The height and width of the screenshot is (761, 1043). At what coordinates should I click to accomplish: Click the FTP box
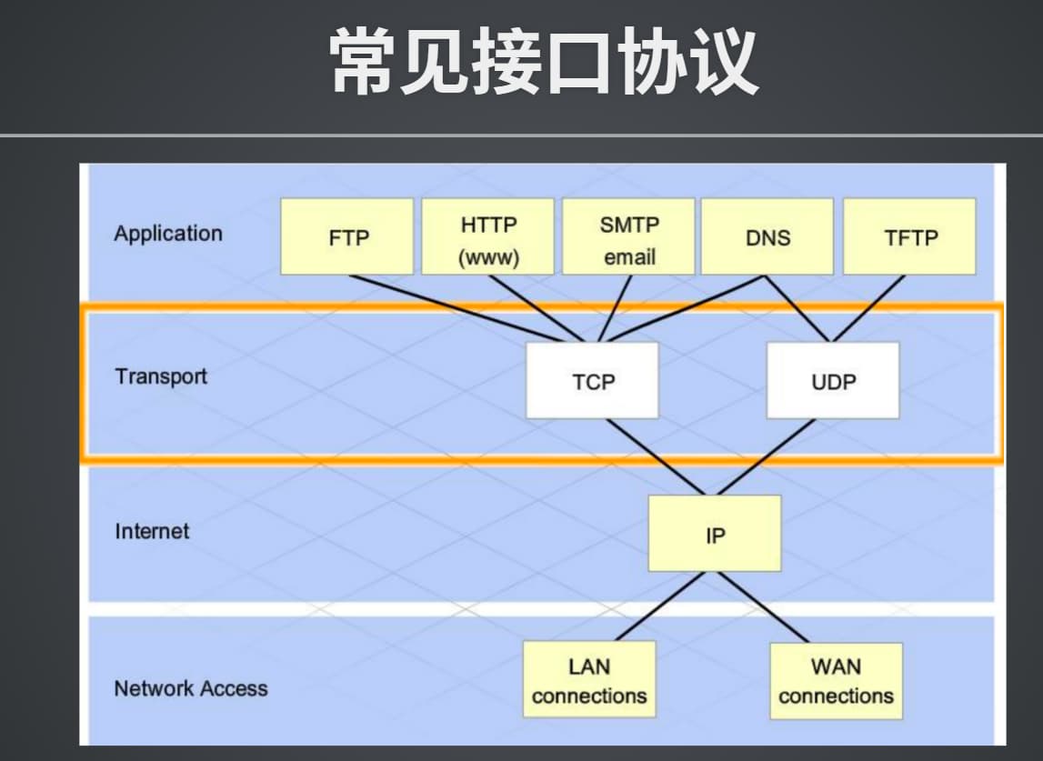coord(346,236)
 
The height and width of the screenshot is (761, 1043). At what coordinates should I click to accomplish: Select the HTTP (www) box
coord(487,236)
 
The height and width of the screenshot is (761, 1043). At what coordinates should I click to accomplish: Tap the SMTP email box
coord(628,236)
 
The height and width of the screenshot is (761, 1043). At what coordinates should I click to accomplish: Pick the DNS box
coord(767,236)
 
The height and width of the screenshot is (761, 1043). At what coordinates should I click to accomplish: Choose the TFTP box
coord(910,236)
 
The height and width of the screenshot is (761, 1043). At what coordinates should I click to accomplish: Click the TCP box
coord(593,380)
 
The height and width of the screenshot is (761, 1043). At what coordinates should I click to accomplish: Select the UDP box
coord(833,380)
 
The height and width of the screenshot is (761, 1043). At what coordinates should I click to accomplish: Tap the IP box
coord(715,534)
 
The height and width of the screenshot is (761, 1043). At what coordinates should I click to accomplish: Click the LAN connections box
coord(589,679)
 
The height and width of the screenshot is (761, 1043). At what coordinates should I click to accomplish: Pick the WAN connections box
coord(837,680)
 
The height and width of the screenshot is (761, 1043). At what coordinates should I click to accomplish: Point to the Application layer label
coord(168,235)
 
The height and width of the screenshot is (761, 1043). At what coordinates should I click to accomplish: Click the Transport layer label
coord(161,375)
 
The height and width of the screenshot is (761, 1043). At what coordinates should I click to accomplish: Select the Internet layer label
coord(153,531)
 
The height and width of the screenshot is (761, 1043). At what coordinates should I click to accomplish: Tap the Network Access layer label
coord(191,688)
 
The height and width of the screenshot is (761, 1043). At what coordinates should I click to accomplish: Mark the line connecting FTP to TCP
coord(456,308)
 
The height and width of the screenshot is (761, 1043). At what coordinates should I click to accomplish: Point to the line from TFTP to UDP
coord(868,308)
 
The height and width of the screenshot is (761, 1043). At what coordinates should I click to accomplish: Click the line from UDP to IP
coord(767,457)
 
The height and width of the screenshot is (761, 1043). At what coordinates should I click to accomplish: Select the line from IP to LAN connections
coord(660,606)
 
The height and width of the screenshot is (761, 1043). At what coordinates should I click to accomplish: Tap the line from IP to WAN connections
coord(764,607)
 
